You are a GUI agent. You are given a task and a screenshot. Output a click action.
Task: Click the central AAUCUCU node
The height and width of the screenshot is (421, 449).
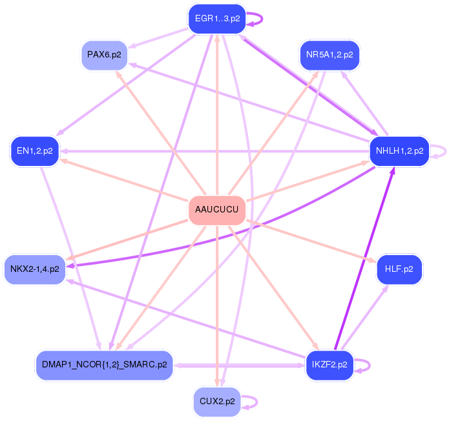217,211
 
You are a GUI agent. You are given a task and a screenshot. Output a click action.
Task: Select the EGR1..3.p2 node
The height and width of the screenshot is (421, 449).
217,19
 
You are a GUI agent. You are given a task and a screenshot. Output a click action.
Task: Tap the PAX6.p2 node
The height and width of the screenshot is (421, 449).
104,55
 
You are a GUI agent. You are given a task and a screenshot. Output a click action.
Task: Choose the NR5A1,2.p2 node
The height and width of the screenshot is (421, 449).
329,55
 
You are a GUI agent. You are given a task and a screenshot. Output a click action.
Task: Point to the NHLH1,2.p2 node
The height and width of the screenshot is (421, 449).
399,151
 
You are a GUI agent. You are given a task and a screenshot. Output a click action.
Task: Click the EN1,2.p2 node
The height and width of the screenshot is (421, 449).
35,151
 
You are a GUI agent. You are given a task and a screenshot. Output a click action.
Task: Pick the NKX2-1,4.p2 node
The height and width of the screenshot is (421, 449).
35,269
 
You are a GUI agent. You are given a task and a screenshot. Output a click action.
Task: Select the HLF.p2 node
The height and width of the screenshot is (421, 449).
399,269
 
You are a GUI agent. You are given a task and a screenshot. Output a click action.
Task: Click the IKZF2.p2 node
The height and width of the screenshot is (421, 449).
329,365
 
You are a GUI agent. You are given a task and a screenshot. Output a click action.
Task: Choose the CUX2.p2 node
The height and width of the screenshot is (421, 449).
217,402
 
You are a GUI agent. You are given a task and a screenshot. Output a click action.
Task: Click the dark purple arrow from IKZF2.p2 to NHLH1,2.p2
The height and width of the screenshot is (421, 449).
364,258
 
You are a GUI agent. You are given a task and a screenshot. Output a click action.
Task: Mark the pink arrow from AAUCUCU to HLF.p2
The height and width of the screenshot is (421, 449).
310,241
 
